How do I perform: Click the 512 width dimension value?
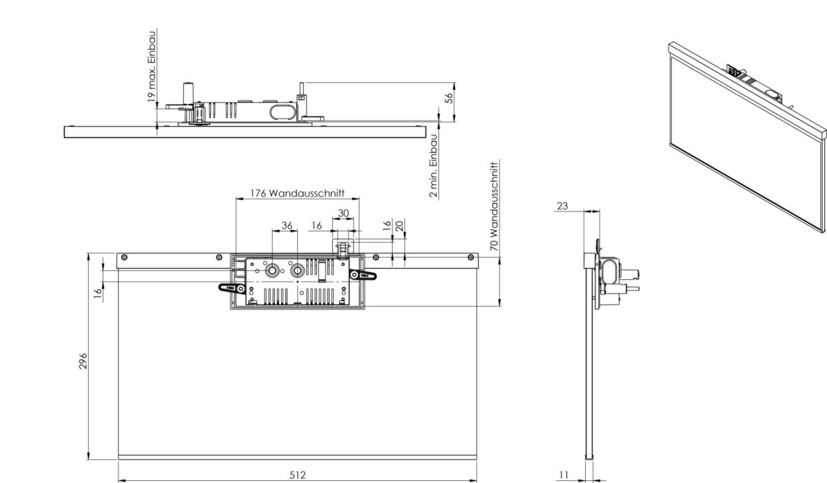pos(297,474)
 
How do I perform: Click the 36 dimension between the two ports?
pos(287,225)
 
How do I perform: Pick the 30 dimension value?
pos(343,213)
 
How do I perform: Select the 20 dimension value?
pos(400,225)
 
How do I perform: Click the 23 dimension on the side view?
pos(562,205)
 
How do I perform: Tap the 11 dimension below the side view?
pos(564,474)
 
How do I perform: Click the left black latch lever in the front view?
pos(230,288)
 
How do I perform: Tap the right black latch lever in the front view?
pos(365,276)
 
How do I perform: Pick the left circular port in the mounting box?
pos(274,271)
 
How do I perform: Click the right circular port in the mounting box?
pos(298,271)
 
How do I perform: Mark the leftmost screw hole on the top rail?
pos(125,258)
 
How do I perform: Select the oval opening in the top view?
pos(282,112)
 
